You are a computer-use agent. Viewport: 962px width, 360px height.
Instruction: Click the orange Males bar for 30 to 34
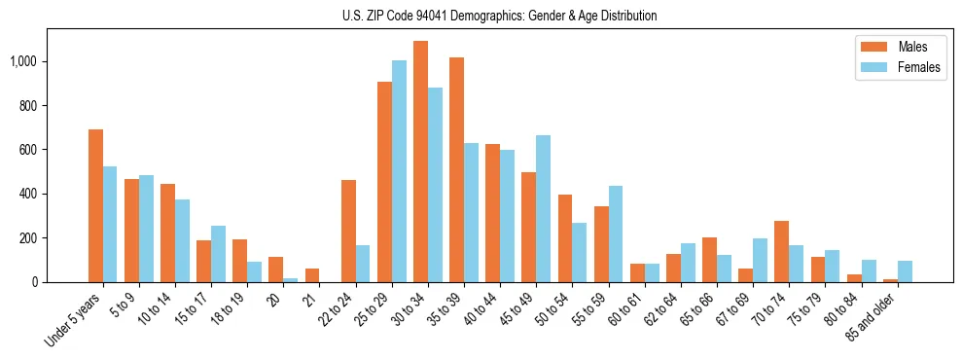pos(420,162)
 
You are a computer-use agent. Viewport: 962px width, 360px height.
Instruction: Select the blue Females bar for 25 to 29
pos(399,171)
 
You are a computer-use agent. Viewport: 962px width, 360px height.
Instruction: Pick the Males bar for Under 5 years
pos(95,205)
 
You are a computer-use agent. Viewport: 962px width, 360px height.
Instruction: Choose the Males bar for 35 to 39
pos(456,169)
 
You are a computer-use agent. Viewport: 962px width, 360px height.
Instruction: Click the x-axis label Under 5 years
pos(74,321)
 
